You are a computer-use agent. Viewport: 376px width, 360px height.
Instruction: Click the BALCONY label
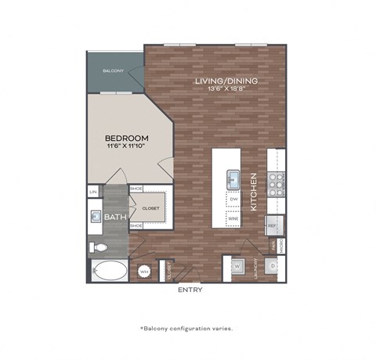click(x=114, y=71)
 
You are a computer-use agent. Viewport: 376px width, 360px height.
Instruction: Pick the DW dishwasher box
click(x=233, y=200)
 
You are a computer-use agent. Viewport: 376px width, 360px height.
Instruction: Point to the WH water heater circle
click(x=144, y=272)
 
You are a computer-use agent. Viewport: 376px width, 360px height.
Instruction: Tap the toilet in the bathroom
click(x=97, y=247)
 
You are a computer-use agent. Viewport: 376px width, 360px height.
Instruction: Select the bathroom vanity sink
click(x=96, y=217)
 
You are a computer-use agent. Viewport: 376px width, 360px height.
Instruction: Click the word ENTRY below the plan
click(x=190, y=290)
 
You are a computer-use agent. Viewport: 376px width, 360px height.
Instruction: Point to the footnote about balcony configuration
click(x=187, y=329)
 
